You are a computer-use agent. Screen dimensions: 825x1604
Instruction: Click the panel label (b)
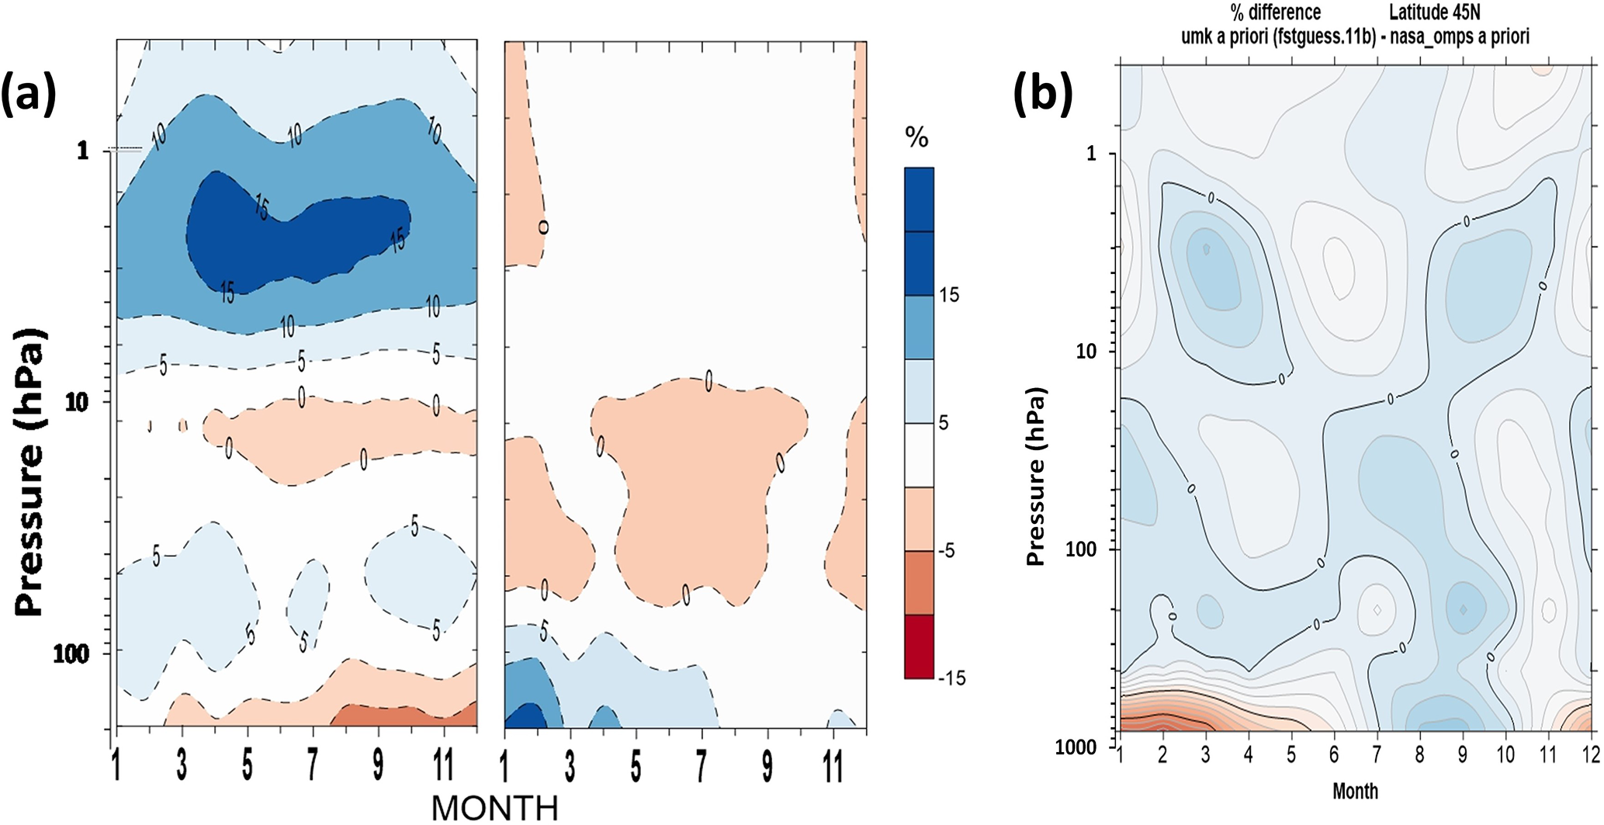coord(1043,93)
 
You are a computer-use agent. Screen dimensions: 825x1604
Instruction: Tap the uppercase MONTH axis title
coord(494,808)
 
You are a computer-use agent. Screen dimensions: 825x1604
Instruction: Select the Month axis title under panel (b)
coord(1355,791)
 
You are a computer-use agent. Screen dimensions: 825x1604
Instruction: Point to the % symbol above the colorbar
coord(916,138)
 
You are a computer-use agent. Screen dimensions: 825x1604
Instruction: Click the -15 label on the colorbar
coord(951,678)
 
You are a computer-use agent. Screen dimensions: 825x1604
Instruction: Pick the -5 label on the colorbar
coord(948,551)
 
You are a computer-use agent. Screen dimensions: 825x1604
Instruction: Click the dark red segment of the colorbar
coord(919,646)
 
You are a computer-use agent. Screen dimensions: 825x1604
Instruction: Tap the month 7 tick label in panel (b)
coord(1377,755)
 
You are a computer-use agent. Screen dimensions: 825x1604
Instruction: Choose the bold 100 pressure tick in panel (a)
coord(71,653)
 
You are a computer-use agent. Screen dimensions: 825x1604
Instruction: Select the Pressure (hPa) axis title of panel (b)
coord(1036,477)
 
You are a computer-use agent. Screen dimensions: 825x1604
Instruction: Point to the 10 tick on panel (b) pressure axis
coord(1087,351)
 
